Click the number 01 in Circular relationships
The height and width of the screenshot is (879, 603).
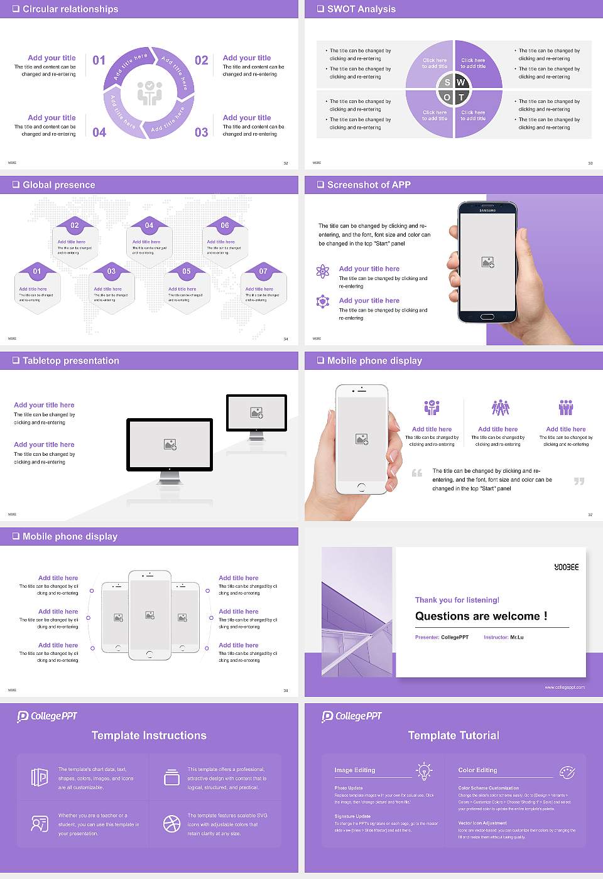point(99,60)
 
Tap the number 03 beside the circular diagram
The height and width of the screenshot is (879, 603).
point(201,132)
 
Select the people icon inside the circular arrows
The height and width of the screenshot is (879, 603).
point(150,92)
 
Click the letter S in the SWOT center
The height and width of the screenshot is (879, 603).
point(447,82)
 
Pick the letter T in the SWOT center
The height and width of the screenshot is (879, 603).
point(462,97)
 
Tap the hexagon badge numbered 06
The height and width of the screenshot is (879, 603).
point(225,225)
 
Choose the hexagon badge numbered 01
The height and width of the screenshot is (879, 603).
point(37,271)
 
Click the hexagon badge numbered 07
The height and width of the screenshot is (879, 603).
point(263,271)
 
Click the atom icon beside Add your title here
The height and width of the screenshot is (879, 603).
point(323,271)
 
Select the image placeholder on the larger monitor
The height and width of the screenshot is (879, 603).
point(170,444)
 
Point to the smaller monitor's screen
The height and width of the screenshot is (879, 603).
point(256,413)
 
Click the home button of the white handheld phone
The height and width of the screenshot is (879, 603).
point(361,487)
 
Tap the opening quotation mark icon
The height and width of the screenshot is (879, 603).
point(417,473)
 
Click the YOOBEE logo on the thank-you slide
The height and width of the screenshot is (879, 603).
point(566,567)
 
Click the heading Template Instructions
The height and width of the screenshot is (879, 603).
point(149,735)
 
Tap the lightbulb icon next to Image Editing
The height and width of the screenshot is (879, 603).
point(424,771)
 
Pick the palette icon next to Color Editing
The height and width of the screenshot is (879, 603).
point(567,772)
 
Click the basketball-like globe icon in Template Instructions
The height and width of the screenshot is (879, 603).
point(171,823)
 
